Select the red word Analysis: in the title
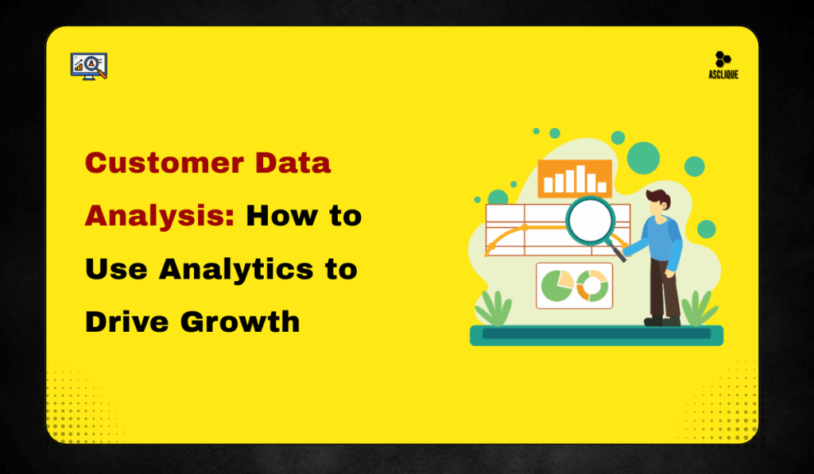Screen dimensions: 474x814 tap(159, 216)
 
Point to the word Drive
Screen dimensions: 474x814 tap(126, 322)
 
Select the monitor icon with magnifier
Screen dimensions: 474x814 tap(89, 66)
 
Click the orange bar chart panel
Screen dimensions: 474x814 tap(574, 179)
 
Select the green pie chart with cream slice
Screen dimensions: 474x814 tap(557, 286)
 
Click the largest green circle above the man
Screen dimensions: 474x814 tap(643, 157)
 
